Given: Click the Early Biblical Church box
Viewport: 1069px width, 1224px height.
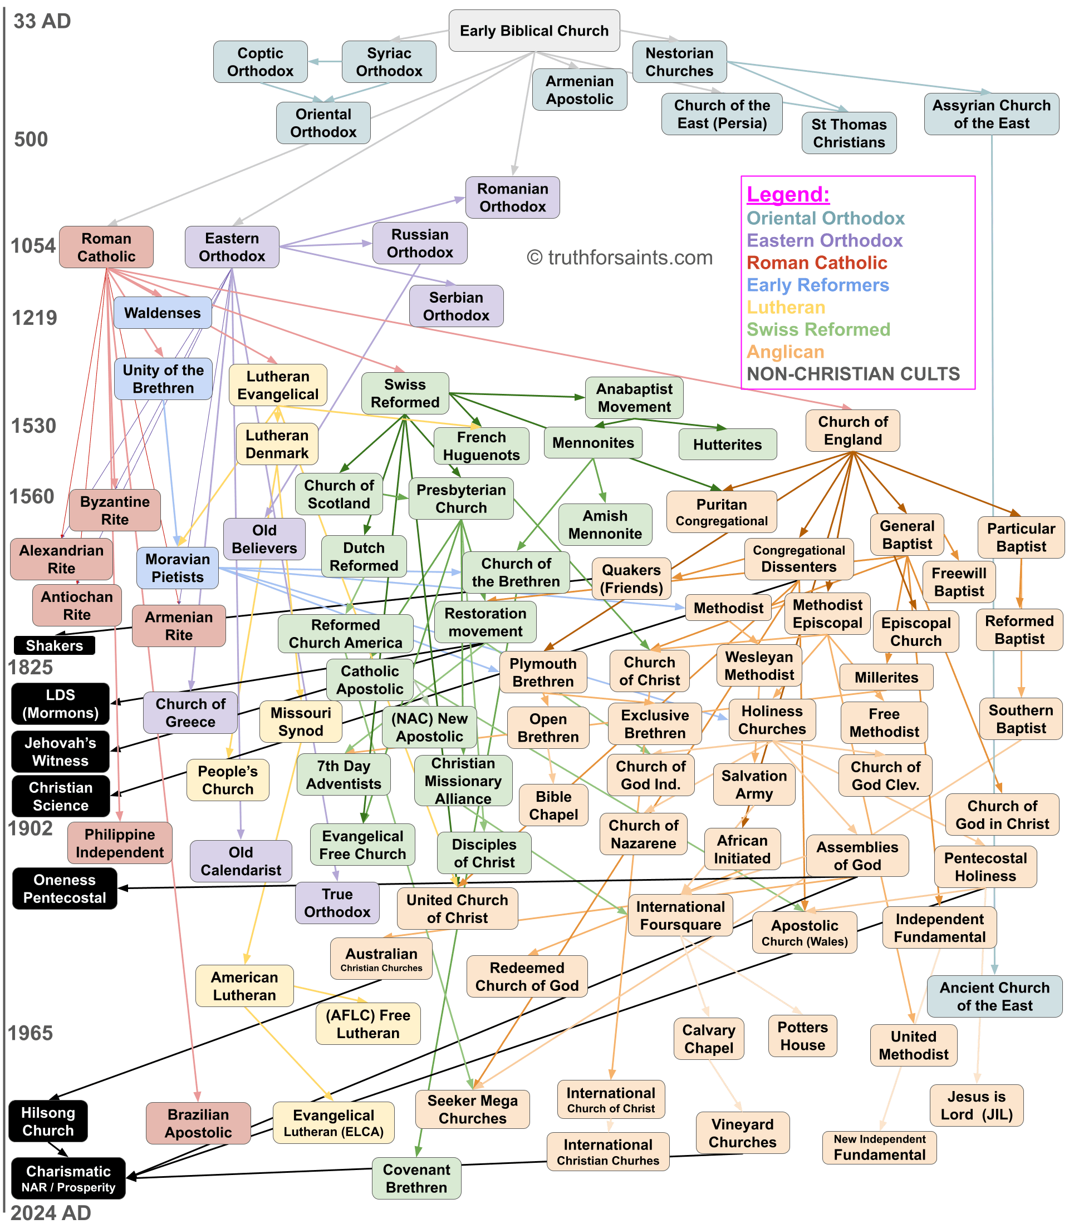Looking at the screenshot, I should point(534,31).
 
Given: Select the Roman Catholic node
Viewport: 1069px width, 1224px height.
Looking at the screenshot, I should point(106,248).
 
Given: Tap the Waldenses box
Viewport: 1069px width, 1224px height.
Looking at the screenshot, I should point(162,313).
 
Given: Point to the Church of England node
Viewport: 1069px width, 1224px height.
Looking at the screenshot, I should point(852,431).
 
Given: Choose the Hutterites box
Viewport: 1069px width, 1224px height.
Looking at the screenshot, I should point(727,444).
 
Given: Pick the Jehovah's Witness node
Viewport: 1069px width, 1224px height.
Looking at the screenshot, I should point(60,752).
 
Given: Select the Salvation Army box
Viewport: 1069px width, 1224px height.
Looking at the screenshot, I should point(754,784).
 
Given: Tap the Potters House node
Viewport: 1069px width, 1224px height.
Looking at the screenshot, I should point(802,1036).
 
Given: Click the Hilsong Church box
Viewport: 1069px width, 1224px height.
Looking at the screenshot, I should point(48,1122).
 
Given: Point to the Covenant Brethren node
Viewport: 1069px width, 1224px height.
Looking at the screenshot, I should point(416,1179).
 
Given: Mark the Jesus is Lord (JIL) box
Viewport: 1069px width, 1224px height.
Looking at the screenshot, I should point(977,1105).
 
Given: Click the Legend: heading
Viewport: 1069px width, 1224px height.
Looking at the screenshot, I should point(788,195).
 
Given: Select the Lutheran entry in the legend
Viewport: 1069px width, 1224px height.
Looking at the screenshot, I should point(786,307).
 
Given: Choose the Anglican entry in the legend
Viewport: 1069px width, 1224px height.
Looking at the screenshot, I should point(786,352).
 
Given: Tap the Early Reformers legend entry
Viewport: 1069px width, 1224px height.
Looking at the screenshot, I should point(818,285).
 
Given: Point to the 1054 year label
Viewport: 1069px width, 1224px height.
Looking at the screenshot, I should point(33,246).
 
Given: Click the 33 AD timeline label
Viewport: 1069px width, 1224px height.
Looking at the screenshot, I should point(42,22).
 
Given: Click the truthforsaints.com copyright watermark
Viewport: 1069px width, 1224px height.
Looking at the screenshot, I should point(620,258).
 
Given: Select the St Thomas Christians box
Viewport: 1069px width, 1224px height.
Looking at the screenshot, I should point(849,133).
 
